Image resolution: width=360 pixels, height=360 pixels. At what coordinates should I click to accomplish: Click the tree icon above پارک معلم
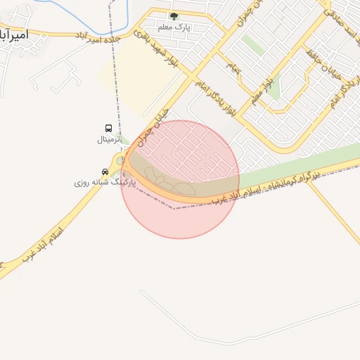[x=174, y=16]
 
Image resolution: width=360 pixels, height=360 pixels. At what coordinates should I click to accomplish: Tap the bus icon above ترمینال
[x=108, y=128]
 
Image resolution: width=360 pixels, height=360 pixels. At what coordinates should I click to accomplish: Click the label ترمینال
[x=109, y=139]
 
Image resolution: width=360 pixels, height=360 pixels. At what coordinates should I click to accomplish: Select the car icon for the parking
[x=105, y=172]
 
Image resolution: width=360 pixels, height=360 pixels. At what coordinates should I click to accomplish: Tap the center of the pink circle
[x=180, y=179]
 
